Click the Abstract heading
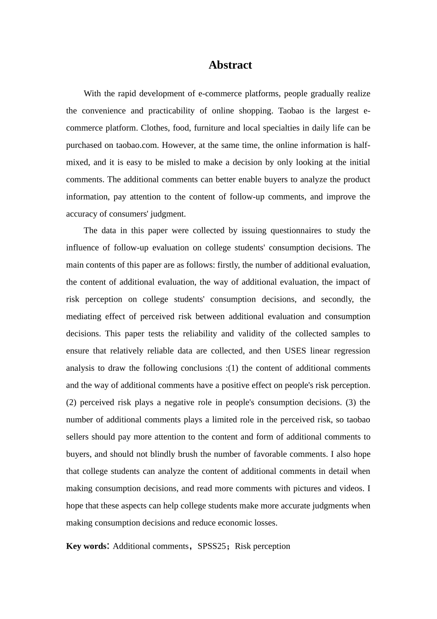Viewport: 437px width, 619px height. click(x=230, y=65)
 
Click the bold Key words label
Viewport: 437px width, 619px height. click(x=86, y=546)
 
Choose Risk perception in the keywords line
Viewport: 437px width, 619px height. click(x=262, y=546)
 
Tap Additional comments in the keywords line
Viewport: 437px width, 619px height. click(x=150, y=546)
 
